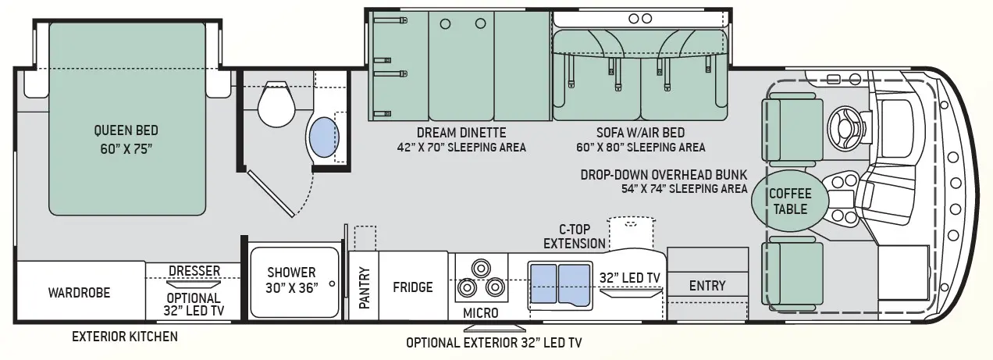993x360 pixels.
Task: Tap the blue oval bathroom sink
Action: (324, 137)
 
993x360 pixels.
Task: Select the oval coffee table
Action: (789, 201)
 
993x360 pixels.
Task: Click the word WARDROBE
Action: (80, 293)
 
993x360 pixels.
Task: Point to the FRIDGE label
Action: (413, 287)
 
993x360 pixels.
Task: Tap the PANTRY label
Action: (364, 287)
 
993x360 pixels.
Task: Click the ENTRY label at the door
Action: (707, 286)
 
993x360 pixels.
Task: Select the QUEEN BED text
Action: (126, 130)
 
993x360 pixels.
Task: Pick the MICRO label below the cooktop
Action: (481, 313)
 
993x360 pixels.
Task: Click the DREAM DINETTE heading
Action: (461, 133)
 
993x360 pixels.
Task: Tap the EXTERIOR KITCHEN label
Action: (125, 337)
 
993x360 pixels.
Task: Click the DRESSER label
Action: (194, 270)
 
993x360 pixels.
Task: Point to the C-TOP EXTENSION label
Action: (575, 237)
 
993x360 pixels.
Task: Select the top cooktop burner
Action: (480, 268)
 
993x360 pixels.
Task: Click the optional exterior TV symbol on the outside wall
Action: (494, 329)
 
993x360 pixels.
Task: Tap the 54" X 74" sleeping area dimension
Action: (684, 188)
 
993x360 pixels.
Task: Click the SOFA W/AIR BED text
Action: (640, 133)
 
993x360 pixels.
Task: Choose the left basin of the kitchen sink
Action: (544, 284)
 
